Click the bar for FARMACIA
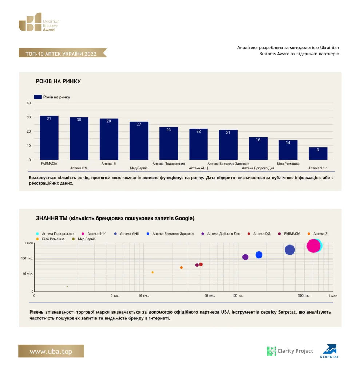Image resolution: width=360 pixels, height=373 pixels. (x=49, y=138)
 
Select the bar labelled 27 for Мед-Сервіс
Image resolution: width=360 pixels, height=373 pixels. (x=139, y=141)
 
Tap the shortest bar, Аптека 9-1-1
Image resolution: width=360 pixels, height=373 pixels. (x=318, y=153)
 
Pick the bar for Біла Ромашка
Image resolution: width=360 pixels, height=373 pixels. (x=288, y=150)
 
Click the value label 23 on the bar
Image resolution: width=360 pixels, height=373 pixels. (x=169, y=130)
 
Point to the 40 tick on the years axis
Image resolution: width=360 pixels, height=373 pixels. (x=29, y=103)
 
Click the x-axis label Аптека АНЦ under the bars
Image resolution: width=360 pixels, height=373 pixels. (x=198, y=168)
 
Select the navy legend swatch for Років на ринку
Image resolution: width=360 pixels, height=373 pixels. (x=38, y=97)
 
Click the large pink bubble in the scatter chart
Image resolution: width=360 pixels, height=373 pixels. (x=313, y=246)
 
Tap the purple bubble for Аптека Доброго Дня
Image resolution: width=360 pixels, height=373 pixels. (x=245, y=257)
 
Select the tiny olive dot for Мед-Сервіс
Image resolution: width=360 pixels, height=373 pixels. (x=67, y=286)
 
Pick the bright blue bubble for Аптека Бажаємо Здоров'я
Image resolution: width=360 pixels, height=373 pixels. (x=259, y=255)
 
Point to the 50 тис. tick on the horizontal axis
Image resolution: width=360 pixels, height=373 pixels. (x=210, y=295)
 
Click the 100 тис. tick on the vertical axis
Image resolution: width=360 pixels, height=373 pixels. (x=27, y=258)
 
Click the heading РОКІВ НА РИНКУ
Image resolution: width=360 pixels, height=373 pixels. (x=58, y=81)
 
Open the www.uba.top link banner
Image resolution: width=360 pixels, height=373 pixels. (x=51, y=351)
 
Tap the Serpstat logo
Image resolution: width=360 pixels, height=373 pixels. (x=329, y=351)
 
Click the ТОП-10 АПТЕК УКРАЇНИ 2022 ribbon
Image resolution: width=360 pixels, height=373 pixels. (x=63, y=53)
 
